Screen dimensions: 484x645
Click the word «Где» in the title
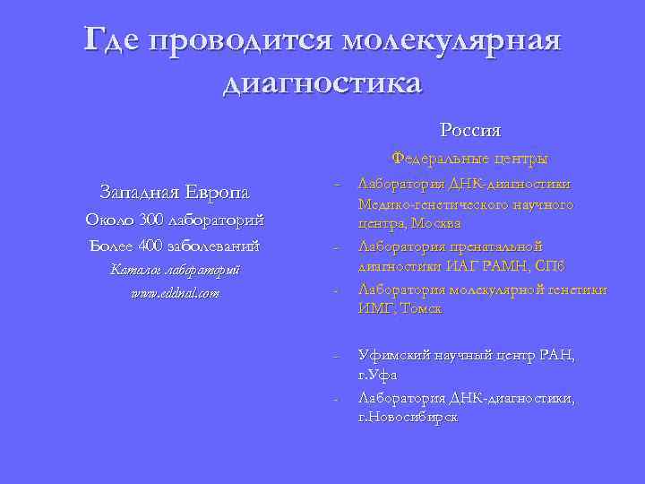(x=112, y=40)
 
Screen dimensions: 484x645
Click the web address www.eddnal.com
(x=175, y=293)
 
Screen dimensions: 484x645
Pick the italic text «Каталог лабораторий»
(x=175, y=269)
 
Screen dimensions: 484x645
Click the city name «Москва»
(x=434, y=222)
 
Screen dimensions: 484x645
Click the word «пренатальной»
(x=499, y=245)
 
